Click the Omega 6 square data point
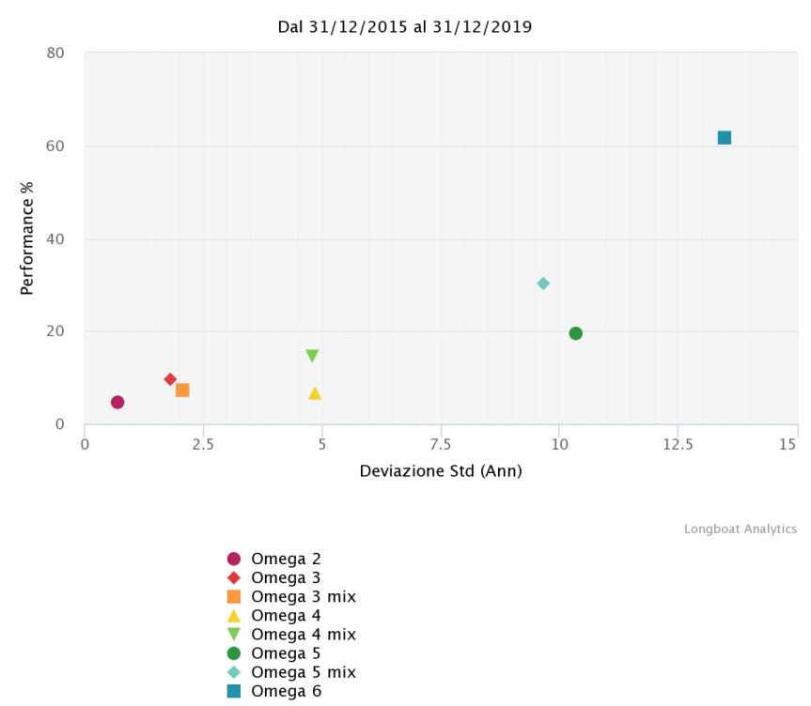[x=724, y=138]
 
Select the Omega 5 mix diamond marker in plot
[x=543, y=284]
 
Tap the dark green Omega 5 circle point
[x=575, y=333]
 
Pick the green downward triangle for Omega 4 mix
[x=312, y=356]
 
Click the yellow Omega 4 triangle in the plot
[x=315, y=393]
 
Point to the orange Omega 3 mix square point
[x=182, y=390]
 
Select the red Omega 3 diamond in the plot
[x=170, y=379]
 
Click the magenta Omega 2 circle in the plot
[x=117, y=402]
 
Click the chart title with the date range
[x=405, y=27]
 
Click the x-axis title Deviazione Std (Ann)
[x=440, y=470]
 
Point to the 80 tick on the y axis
[x=55, y=54]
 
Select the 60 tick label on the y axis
[x=55, y=146]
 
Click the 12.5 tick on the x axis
[x=678, y=443]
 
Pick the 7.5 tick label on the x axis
[x=441, y=443]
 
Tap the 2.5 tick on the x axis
[x=203, y=443]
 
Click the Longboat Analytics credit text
[x=740, y=529]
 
